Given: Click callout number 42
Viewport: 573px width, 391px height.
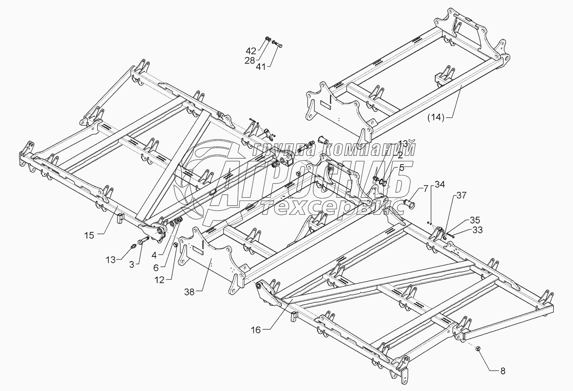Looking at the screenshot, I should (251, 51).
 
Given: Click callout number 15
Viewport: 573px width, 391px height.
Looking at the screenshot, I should (89, 235).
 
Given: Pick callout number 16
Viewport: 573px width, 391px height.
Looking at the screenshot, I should (256, 330).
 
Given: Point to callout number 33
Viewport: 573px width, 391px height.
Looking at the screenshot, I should (477, 229).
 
